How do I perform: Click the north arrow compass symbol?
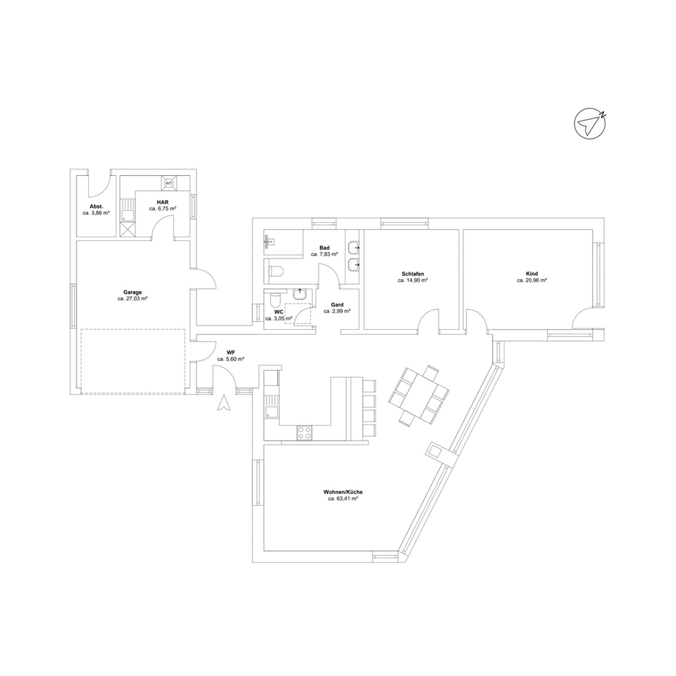point(590,123)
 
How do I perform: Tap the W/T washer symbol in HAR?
point(169,183)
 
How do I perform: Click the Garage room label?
point(132,292)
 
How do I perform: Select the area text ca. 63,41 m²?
point(343,499)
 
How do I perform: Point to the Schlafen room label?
point(412,274)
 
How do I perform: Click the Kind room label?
point(532,274)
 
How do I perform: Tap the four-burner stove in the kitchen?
point(304,432)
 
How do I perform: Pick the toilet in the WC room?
point(274,299)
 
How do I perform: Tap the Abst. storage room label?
point(96,206)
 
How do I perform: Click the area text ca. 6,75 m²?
point(163,209)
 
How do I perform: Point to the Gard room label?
point(337,305)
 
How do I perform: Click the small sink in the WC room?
point(299,295)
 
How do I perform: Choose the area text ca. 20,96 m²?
point(532,280)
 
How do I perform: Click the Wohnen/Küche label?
point(343,492)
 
